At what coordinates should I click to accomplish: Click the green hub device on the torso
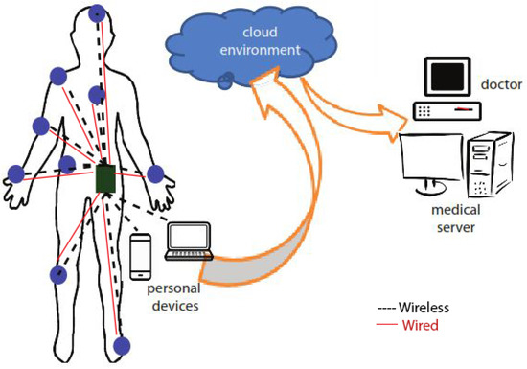pyautogui.click(x=106, y=178)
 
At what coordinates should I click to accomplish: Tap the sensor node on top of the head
pyautogui.click(x=98, y=14)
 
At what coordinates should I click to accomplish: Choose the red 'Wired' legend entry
pyautogui.click(x=421, y=326)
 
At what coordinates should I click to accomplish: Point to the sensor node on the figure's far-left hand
pyautogui.click(x=15, y=173)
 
